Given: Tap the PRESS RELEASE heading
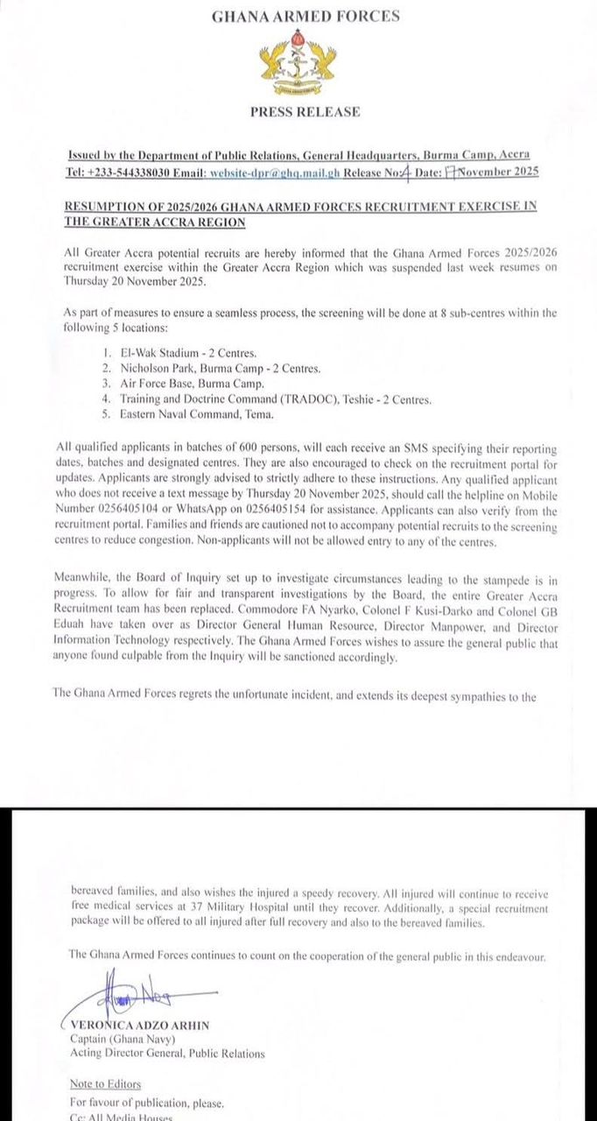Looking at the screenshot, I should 305,112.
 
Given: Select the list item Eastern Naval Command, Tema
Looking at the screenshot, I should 198,414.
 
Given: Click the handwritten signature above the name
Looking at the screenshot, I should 131,998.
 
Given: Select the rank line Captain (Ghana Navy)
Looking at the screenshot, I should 116,1040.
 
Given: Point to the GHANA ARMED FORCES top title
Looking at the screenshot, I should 306,16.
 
